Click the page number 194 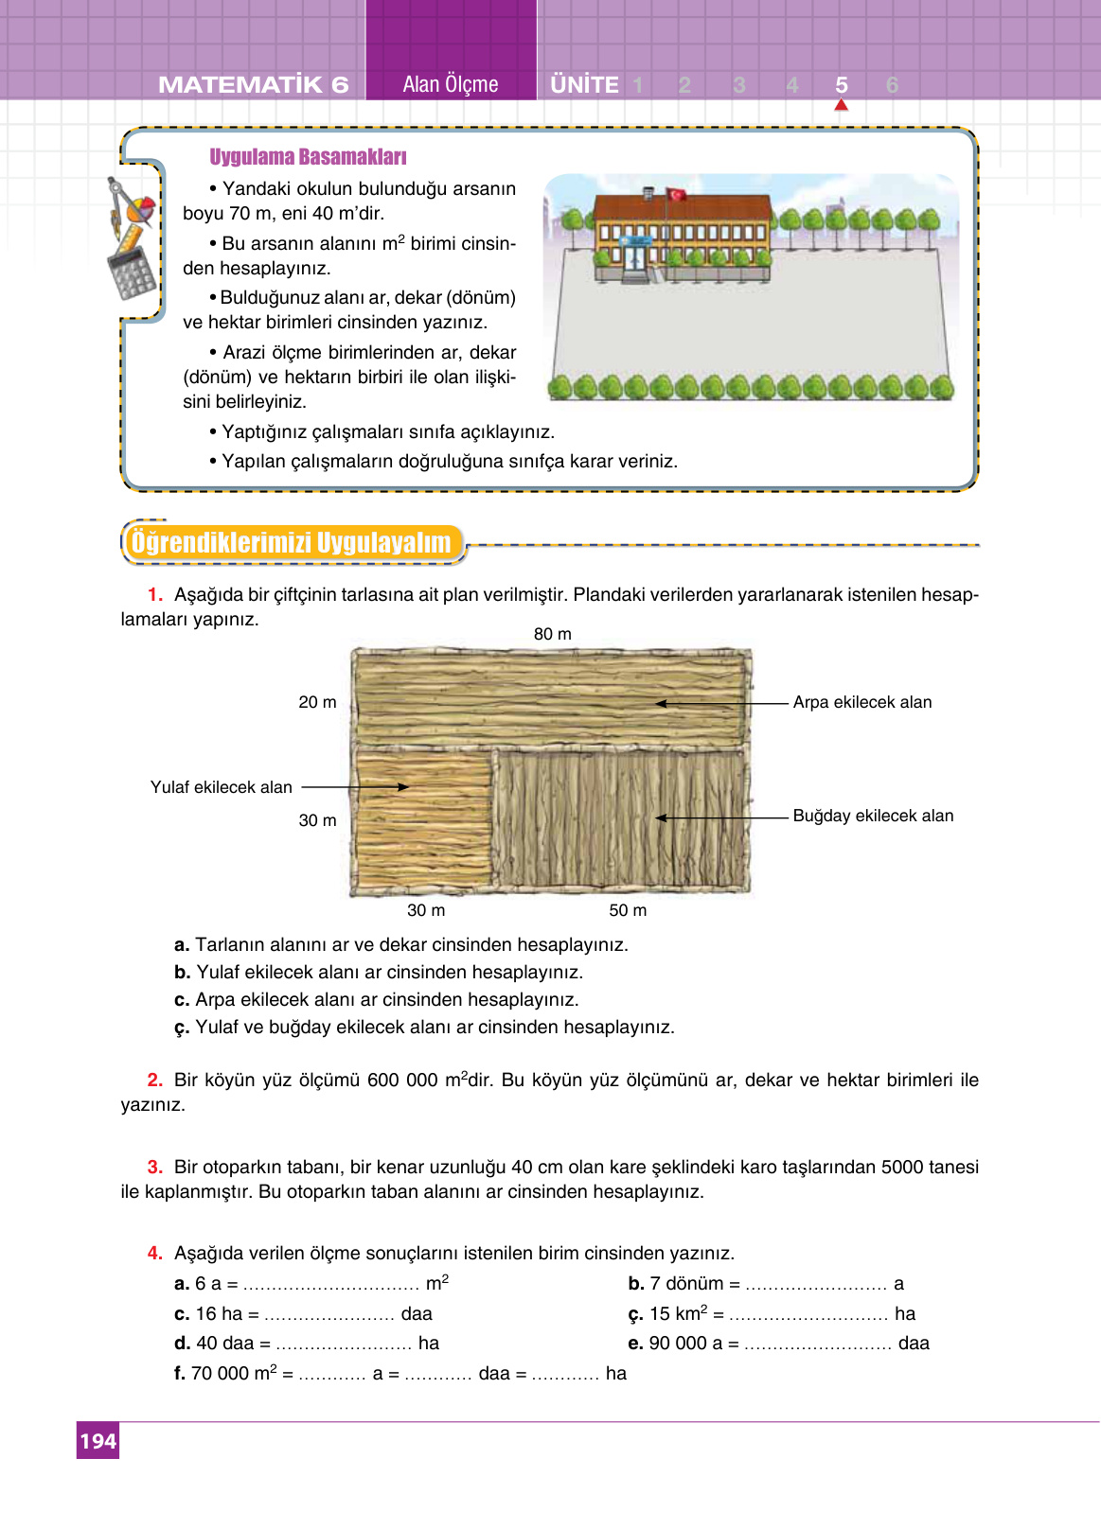98,1441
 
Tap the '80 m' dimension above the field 552,634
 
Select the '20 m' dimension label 317,702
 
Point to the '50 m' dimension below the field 628,910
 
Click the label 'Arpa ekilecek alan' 861,702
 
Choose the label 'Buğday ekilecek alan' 873,816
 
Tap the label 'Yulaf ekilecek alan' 221,787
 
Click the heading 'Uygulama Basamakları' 308,157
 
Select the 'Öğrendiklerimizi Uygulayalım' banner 292,543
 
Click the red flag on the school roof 677,194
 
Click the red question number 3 155,1167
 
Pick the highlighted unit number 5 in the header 841,85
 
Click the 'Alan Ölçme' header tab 451,84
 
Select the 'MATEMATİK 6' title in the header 254,85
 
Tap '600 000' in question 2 401,1081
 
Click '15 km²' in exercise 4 678,1313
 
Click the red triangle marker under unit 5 841,105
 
